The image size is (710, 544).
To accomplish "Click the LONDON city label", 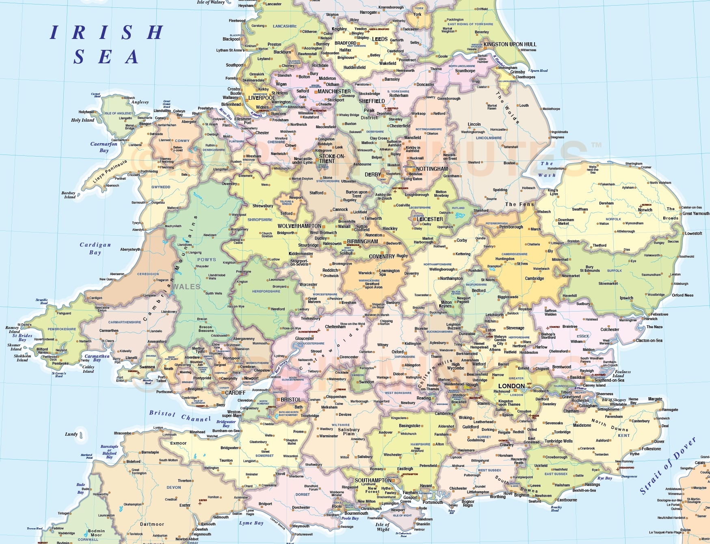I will pos(511,386).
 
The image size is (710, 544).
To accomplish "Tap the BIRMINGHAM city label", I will pos(362,241).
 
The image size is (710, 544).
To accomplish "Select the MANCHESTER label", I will pos(334,92).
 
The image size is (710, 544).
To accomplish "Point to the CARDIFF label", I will pos(235,393).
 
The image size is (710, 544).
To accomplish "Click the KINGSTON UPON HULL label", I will pos(510,44).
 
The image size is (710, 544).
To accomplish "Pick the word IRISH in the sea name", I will pos(106,32).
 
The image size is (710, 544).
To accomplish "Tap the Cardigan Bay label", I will pos(95,248).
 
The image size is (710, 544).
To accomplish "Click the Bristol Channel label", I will pos(180,416).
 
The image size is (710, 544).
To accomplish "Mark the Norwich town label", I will pos(645,210).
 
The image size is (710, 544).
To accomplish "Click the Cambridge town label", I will pos(534,278).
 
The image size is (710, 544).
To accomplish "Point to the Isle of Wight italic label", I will pos(383,527).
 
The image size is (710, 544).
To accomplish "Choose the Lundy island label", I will pos(71,434).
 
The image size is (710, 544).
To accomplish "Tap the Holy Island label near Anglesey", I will pos(82,120).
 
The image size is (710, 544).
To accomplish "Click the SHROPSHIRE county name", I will pos(260,219).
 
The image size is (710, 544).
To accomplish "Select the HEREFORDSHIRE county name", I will pos(266,291).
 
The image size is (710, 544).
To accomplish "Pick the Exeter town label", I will pos(185,505).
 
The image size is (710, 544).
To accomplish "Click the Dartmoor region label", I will pos(152,524).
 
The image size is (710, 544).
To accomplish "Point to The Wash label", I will pos(547,169).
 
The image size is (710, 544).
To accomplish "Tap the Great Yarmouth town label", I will pos(695,213).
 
